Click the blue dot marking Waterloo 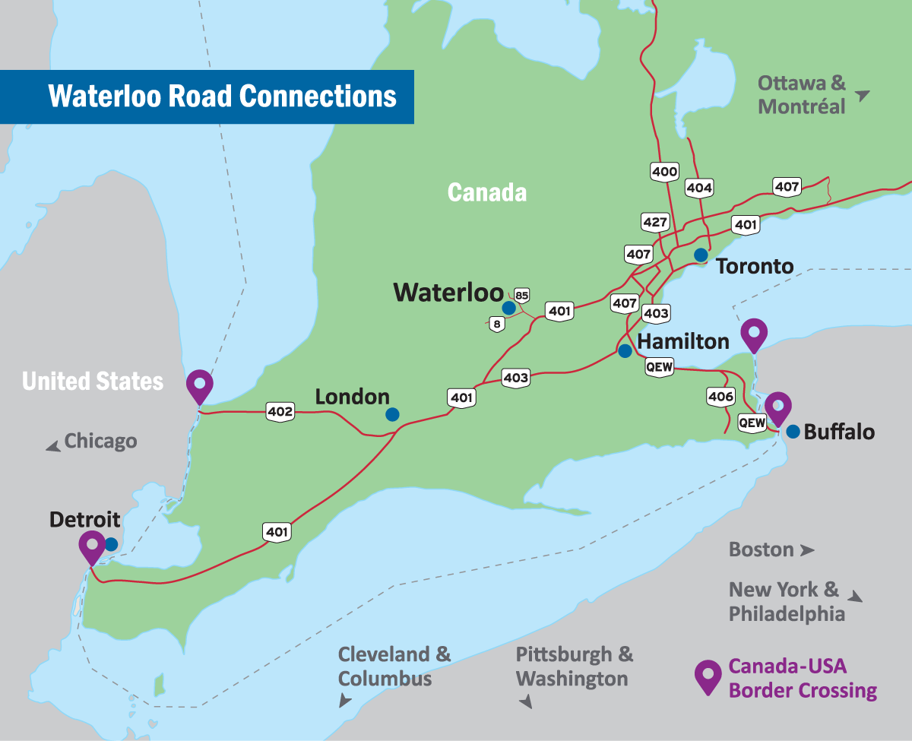click(x=508, y=308)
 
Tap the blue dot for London click(x=392, y=414)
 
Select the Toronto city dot click(x=701, y=255)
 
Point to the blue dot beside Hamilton click(x=625, y=351)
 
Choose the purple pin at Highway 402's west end click(x=200, y=385)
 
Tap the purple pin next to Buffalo click(x=777, y=407)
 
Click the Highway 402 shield click(x=280, y=411)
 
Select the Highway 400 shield click(x=664, y=172)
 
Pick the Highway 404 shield click(x=699, y=187)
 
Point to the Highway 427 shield click(x=654, y=223)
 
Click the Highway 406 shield click(x=720, y=396)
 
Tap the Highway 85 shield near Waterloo click(x=521, y=295)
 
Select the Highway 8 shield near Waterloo click(x=497, y=325)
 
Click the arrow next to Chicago click(x=53, y=447)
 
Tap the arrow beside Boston click(x=807, y=549)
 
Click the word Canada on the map click(x=486, y=192)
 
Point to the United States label click(x=93, y=381)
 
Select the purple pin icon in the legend click(x=708, y=676)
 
